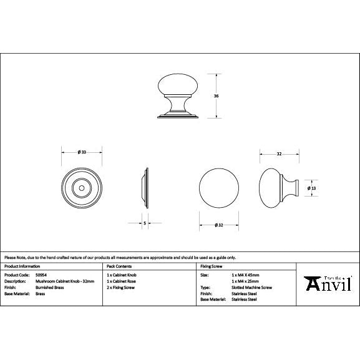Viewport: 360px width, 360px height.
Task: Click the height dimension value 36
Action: (x=216, y=96)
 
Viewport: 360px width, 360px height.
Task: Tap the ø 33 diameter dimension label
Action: (x=82, y=152)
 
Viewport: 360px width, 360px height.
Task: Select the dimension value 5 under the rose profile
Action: (x=144, y=223)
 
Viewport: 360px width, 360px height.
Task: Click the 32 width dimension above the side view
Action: (x=280, y=152)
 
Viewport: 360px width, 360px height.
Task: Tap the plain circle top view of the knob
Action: (x=218, y=187)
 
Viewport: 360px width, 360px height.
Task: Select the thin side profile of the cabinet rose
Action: (x=147, y=187)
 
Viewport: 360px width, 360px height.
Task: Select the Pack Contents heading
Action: (x=119, y=266)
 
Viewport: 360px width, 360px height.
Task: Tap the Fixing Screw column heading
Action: (x=212, y=266)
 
